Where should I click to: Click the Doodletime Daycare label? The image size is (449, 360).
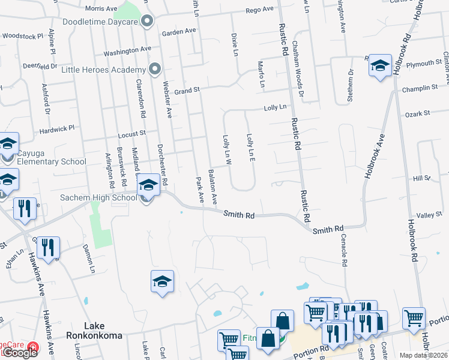pyautogui.click(x=99, y=22)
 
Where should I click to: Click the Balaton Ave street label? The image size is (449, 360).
pyautogui.click(x=212, y=186)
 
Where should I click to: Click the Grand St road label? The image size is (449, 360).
pyautogui.click(x=187, y=90)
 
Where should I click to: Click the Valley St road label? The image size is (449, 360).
pyautogui.click(x=429, y=215)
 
